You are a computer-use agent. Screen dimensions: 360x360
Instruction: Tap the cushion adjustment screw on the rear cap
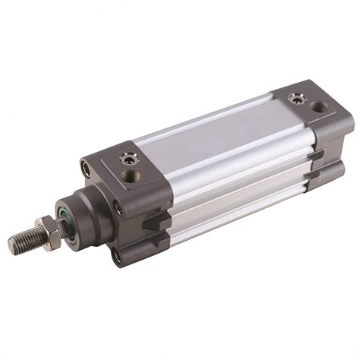tap(297, 97)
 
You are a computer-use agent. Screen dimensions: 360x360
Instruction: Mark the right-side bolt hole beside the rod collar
tap(117, 204)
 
